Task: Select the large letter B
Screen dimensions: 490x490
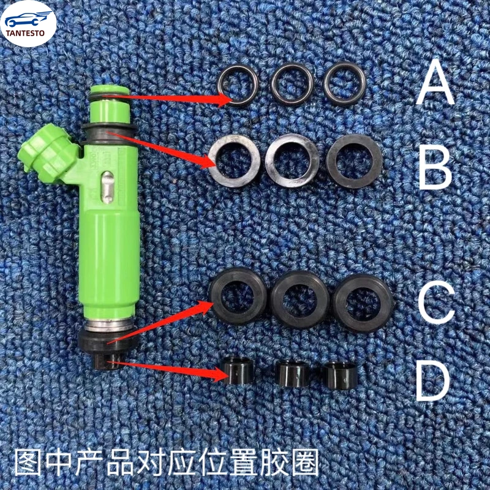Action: point(435,163)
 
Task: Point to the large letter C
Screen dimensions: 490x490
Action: point(436,301)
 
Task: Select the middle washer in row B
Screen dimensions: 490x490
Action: point(293,162)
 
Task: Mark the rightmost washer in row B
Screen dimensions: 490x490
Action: point(350,160)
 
